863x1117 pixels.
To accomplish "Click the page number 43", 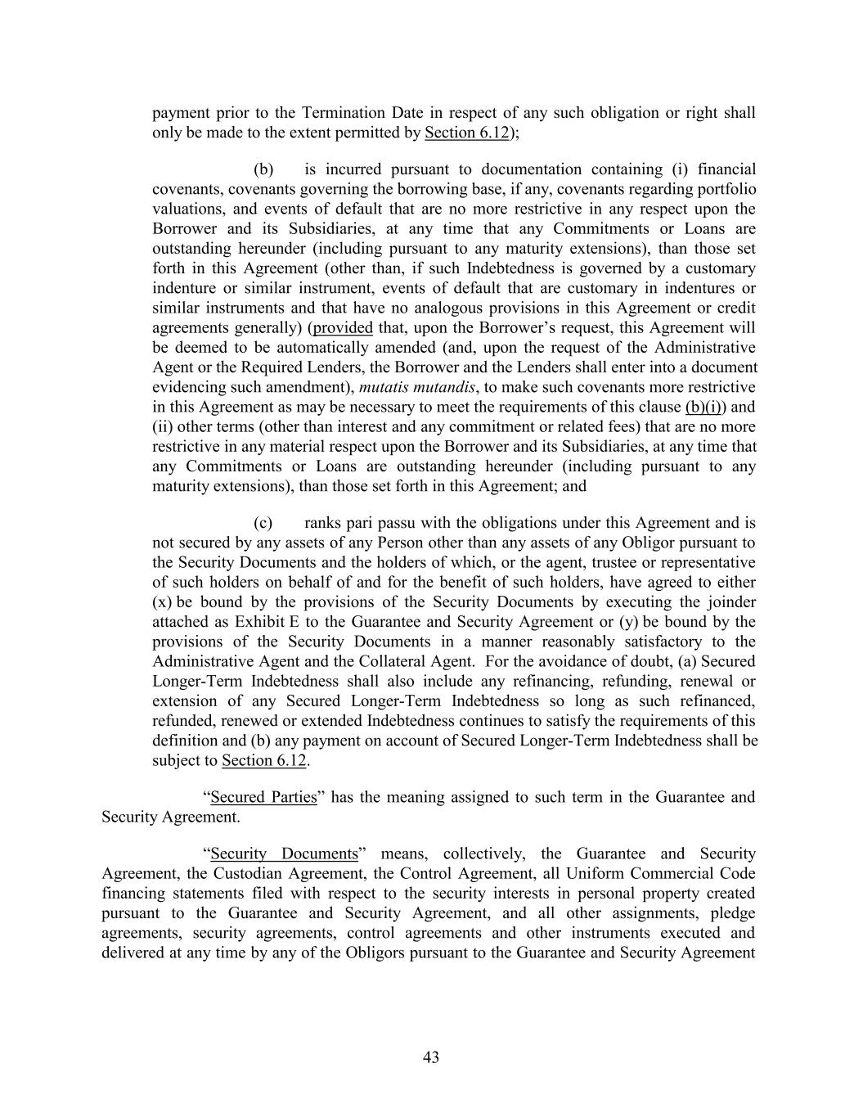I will coord(431,1057).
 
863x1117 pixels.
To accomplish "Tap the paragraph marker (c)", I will coord(263,523).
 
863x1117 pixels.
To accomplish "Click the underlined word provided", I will coord(343,328).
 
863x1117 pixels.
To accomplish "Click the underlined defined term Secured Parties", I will coord(263,797).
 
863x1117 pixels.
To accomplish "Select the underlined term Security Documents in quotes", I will coord(284,854).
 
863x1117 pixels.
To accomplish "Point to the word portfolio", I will coord(727,189).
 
